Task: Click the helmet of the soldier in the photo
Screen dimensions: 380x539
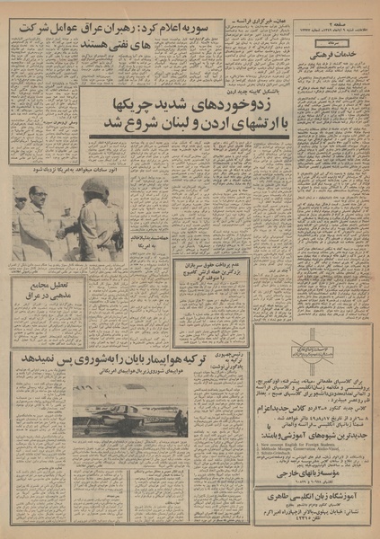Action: (95, 185)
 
